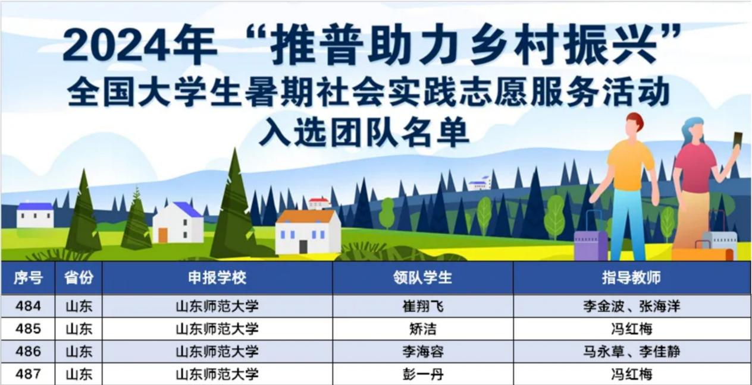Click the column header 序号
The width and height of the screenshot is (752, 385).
28,277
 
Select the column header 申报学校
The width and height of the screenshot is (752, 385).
217,277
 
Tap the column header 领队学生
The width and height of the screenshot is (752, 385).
422,277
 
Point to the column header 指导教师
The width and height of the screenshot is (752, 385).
631,277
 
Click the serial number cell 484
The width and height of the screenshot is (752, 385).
28,306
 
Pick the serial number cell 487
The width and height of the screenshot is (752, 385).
28,374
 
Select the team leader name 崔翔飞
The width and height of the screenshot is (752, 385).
423,306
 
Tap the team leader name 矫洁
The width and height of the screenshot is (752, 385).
423,329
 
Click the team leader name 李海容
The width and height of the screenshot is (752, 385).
423,352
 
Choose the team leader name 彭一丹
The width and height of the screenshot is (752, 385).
423,374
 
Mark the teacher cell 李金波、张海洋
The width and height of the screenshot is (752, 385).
631,306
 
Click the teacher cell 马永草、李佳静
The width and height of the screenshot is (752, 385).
631,352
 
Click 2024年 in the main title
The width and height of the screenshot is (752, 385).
140,45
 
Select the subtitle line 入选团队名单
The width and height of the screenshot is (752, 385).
364,132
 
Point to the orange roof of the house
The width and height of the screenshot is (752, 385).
307,216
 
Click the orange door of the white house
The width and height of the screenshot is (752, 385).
163,235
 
